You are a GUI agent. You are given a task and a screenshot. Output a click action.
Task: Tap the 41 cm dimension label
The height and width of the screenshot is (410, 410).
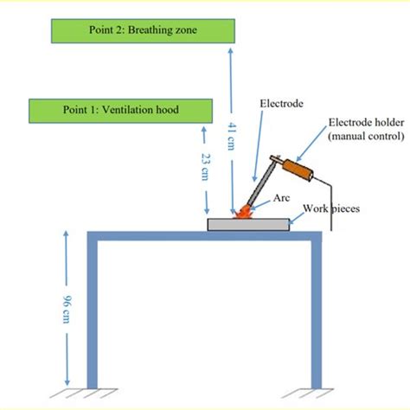click(x=231, y=138)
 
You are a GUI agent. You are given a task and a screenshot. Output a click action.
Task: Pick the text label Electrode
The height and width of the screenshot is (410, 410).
click(x=281, y=104)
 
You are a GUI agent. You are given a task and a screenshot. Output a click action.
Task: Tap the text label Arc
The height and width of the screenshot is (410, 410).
click(x=281, y=197)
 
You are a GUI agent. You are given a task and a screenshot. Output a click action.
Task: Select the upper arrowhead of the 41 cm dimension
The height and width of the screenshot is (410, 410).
click(x=229, y=51)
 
